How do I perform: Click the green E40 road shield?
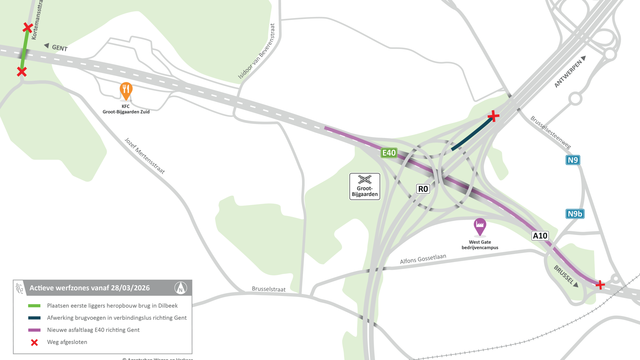[x=389, y=153]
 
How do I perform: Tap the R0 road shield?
[x=423, y=189]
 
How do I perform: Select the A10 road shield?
[x=540, y=236]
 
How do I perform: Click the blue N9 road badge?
[x=573, y=160]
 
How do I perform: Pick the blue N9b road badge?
[x=575, y=214]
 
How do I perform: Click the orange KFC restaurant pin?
[x=126, y=90]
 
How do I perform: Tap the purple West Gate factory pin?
[x=480, y=226]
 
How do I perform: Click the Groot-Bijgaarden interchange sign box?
[x=365, y=187]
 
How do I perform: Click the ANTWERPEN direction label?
[x=568, y=74]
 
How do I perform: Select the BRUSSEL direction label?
[x=563, y=274]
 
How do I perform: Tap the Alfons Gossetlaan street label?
[x=423, y=259]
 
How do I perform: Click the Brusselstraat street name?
[x=269, y=289]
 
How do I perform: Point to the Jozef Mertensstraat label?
[x=145, y=156]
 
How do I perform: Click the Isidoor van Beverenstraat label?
[x=257, y=51]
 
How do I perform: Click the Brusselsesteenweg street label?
[x=551, y=132]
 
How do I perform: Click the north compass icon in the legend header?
[x=181, y=288]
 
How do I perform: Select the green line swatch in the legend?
[x=34, y=306]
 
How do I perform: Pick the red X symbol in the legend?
[x=34, y=342]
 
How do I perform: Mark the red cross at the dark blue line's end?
[x=493, y=116]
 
